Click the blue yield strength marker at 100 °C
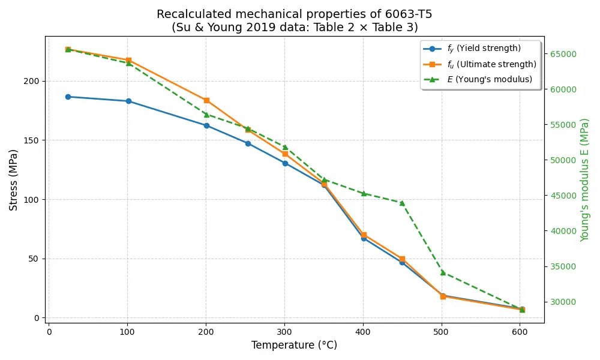(x=128, y=101)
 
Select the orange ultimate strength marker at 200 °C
(x=206, y=100)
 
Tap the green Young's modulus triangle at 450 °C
(x=402, y=203)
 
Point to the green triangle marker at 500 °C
(x=443, y=272)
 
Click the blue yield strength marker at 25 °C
(x=68, y=97)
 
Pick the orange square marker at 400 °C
(x=364, y=235)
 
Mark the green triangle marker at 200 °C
(x=206, y=115)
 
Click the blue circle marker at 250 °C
(x=248, y=143)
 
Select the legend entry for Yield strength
(x=484, y=49)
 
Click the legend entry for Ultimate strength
(x=491, y=64)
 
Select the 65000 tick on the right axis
(x=563, y=54)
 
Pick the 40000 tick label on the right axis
(x=563, y=231)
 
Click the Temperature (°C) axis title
(x=294, y=346)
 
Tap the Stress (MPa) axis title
(x=14, y=179)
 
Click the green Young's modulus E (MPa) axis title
(x=585, y=179)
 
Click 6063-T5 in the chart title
(x=407, y=14)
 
